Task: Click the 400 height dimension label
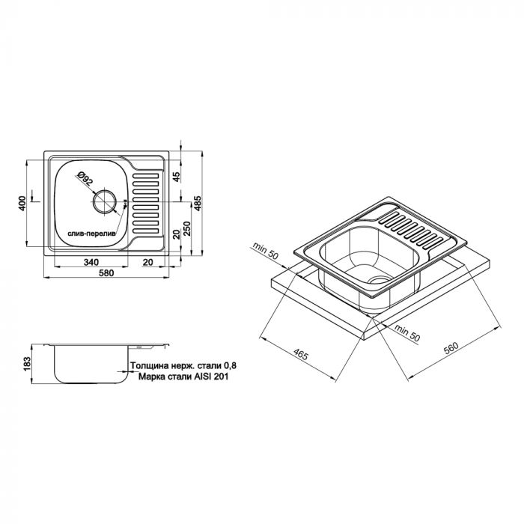[x=23, y=202]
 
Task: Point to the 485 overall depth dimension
[x=197, y=202]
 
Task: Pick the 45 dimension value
[x=176, y=177]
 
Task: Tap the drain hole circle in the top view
[x=104, y=202]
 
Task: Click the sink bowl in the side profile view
[x=82, y=367]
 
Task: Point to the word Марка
[x=155, y=378]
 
